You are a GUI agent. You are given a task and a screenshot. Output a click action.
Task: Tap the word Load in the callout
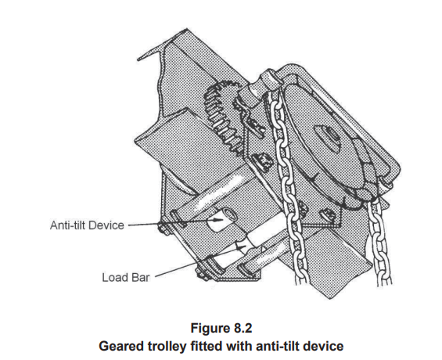pyautogui.click(x=115, y=277)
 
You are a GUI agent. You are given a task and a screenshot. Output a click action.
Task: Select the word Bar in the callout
pyautogui.click(x=140, y=277)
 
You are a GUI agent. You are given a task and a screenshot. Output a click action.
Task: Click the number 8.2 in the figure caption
pyautogui.click(x=242, y=328)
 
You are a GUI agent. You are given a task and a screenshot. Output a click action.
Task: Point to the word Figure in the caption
pyautogui.click(x=210, y=329)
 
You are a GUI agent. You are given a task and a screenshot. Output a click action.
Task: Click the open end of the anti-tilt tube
pyautogui.click(x=230, y=215)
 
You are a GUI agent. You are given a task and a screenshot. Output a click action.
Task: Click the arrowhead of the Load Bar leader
pyautogui.click(x=239, y=247)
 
